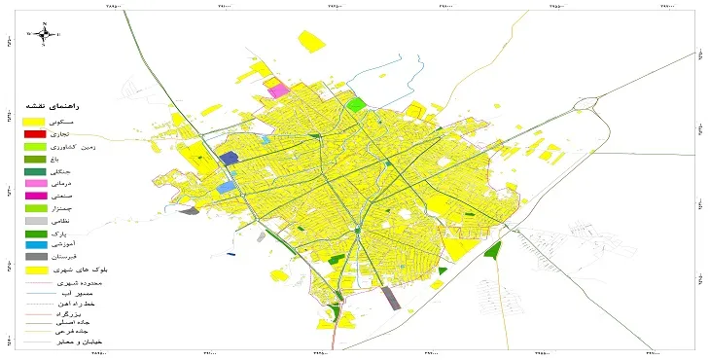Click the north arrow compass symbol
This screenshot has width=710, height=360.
pyautogui.click(x=44, y=34)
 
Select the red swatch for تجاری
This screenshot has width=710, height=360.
pyautogui.click(x=34, y=133)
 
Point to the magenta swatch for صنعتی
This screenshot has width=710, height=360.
pyautogui.click(x=34, y=197)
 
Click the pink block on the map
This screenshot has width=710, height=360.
pyautogui.click(x=279, y=90)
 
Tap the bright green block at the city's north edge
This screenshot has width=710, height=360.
pyautogui.click(x=356, y=103)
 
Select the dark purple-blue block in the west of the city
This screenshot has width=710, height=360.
pyautogui.click(x=229, y=158)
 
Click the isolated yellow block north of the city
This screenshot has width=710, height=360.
pyautogui.click(x=311, y=41)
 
